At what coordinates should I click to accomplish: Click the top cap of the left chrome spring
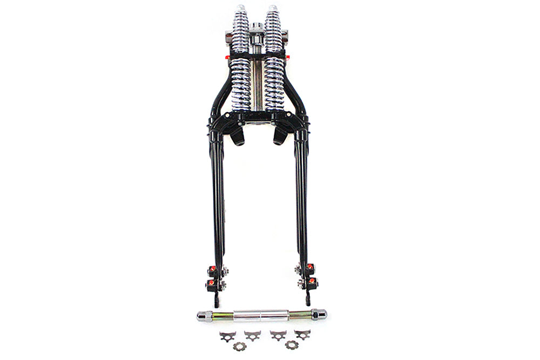click(x=240, y=10)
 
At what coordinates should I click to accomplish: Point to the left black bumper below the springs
click(x=237, y=136)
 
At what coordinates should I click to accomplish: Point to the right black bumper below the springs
click(x=279, y=136)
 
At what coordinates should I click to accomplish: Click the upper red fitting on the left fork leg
click(x=212, y=269)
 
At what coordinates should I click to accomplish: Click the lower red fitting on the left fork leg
click(x=211, y=283)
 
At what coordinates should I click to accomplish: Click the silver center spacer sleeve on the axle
click(x=261, y=315)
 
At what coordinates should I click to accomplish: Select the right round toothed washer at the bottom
click(x=292, y=344)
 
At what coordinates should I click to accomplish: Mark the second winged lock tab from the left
click(x=252, y=335)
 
